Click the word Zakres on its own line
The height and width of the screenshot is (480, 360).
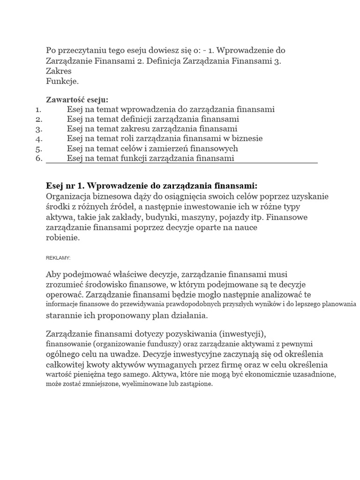click(x=59, y=71)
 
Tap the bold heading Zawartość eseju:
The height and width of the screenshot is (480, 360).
click(x=76, y=99)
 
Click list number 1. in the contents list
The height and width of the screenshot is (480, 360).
click(x=39, y=109)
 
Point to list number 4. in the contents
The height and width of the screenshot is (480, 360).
click(x=39, y=139)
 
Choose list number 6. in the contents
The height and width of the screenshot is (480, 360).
click(x=39, y=158)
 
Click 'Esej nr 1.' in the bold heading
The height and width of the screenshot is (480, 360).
click(x=65, y=185)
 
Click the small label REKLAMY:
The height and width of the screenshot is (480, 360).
click(x=58, y=258)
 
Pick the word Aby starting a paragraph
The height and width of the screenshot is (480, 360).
click(x=53, y=274)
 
